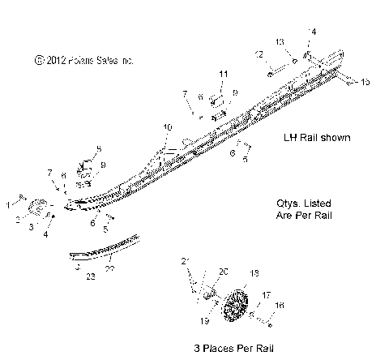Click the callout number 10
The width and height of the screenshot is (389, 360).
point(168,128)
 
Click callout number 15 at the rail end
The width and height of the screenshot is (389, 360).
point(365,82)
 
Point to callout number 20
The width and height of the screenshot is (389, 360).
point(224,271)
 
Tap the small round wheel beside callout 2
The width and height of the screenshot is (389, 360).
point(36,210)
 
